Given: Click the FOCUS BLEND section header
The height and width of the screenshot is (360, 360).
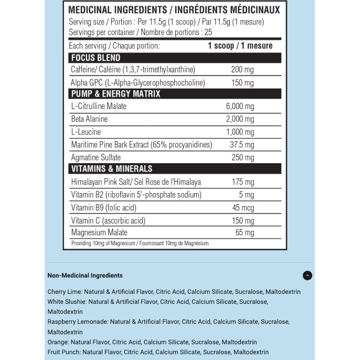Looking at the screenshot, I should coord(96,58).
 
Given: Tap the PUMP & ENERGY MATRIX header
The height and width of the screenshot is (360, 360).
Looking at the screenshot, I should coord(116,94).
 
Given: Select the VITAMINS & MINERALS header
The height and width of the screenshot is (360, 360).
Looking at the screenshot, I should coord(112,169).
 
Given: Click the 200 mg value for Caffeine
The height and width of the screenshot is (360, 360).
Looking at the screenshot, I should coord(242,70).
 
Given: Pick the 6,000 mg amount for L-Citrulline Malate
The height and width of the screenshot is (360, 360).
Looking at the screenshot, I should coord(240,106).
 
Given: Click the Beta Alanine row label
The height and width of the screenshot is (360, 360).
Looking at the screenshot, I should coord(90,119).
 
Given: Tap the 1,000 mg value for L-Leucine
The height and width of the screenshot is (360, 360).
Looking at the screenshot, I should coord(240,132).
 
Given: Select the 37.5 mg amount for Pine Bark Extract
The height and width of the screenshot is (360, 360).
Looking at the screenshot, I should coord(242,145).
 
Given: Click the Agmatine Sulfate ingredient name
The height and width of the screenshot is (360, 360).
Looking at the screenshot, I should coord(96,157).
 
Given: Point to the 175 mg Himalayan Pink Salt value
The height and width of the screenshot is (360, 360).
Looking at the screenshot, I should coord(242,182).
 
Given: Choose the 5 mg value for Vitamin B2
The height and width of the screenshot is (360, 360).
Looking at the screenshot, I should coord(247,195).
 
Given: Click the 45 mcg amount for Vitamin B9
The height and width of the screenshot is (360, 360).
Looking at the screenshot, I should coord(243,208).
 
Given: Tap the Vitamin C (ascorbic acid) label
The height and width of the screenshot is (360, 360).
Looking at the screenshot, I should coord(108,220).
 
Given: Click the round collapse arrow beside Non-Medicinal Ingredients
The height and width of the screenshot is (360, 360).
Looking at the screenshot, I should coord(308,276).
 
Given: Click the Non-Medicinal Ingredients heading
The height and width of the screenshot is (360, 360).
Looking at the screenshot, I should coord(85,276).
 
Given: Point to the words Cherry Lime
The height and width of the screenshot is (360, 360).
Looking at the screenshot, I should coord(63,292).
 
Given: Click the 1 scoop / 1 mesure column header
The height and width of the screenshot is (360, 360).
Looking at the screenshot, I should coord(240,46).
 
